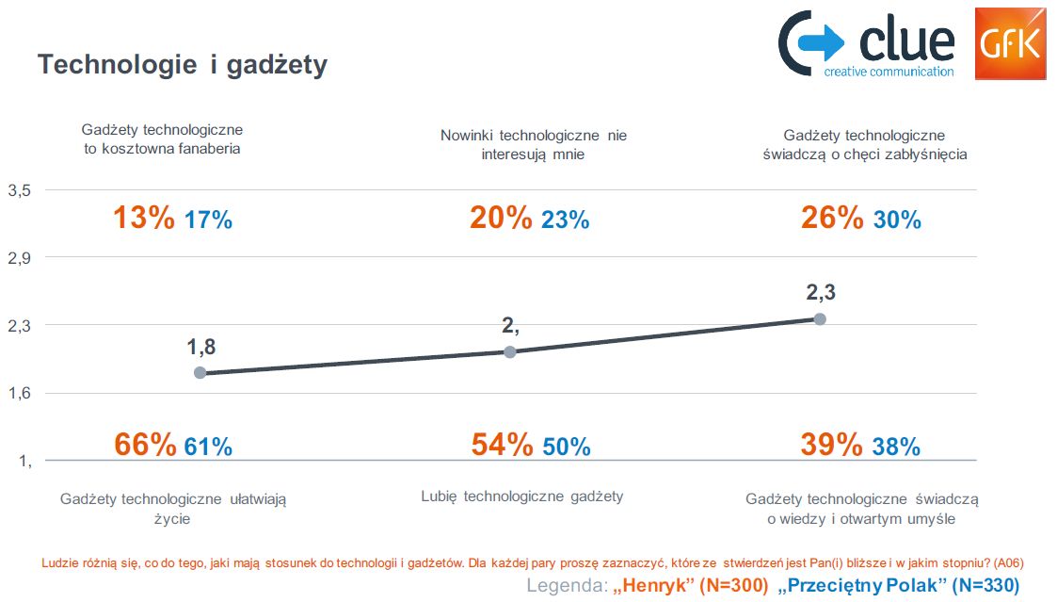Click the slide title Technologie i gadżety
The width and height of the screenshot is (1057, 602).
click(x=182, y=65)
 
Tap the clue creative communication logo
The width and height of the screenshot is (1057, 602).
click(x=866, y=44)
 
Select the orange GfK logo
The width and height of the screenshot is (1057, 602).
click(x=1009, y=43)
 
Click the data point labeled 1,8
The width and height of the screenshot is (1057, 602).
click(x=200, y=372)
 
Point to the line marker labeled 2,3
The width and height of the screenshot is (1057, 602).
click(x=820, y=318)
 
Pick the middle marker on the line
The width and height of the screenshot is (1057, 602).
click(x=510, y=351)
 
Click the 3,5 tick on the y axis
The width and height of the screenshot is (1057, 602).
click(x=20, y=190)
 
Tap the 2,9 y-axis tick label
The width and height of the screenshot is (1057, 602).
click(x=20, y=258)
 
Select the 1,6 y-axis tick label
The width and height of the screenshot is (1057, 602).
click(x=20, y=393)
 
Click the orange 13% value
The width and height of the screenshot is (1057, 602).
click(x=144, y=219)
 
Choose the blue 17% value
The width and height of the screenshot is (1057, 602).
click(x=208, y=220)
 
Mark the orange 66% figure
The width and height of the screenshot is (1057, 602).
click(x=145, y=445)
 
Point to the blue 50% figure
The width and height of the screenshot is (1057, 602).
click(x=567, y=447)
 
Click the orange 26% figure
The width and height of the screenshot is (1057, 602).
click(x=832, y=219)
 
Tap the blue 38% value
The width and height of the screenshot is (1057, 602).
click(x=896, y=447)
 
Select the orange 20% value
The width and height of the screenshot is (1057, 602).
click(x=501, y=219)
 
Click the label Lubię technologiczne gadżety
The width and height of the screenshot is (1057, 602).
click(x=521, y=496)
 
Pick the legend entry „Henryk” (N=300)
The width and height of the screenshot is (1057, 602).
click(x=690, y=585)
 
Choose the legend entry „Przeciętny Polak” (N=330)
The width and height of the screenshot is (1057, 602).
click(x=899, y=585)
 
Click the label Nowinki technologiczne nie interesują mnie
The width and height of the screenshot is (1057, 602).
click(x=534, y=144)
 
